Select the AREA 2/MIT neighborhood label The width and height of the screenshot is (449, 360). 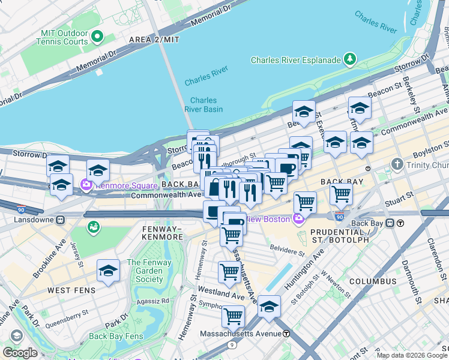(154, 40)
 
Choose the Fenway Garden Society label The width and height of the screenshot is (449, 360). (149, 271)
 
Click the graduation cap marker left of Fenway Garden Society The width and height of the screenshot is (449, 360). (108, 271)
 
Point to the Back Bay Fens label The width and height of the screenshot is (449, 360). (116, 336)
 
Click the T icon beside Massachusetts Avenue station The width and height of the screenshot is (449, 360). (287, 334)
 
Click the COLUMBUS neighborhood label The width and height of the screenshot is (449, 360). (373, 281)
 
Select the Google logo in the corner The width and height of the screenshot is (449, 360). (20, 352)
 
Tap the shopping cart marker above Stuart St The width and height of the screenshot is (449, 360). (341, 194)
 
